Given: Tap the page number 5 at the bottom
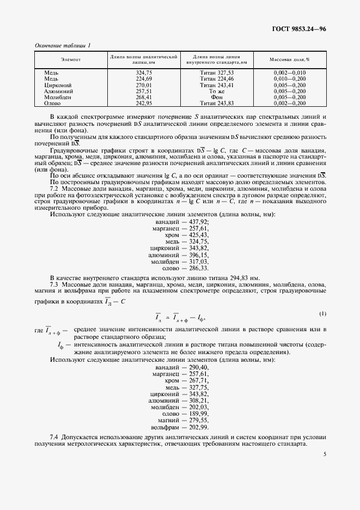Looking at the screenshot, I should coord(324,453).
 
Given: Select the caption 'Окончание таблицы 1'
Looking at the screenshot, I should coord(62,45).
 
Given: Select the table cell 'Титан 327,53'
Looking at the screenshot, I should coord(217,72).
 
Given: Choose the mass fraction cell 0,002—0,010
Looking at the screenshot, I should coord(290,72).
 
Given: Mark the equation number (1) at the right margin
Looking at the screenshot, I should coord(322,314).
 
